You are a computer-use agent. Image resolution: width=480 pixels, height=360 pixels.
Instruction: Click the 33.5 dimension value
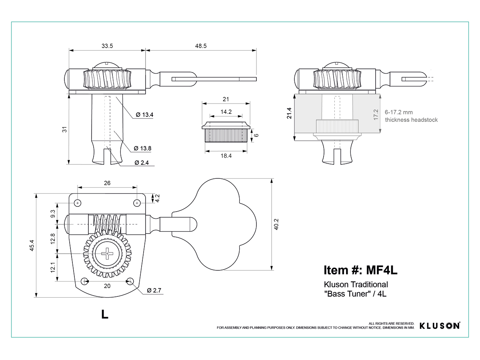pyautogui.click(x=107, y=46)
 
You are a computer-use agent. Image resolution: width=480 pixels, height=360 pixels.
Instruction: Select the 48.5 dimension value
pyautogui.click(x=201, y=46)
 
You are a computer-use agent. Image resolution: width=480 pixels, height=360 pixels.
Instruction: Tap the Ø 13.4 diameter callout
pyautogui.click(x=144, y=115)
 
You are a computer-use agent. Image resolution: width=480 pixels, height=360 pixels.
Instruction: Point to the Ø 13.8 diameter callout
pyautogui.click(x=142, y=148)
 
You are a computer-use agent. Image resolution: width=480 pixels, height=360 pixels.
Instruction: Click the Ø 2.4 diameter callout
pyautogui.click(x=142, y=163)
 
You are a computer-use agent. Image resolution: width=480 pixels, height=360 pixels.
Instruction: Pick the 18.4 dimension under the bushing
pyautogui.click(x=226, y=156)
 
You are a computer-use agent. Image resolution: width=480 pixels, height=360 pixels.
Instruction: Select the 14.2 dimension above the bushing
pyautogui.click(x=226, y=112)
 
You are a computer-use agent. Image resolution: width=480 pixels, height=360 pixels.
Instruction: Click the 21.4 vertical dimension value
pyautogui.click(x=289, y=113)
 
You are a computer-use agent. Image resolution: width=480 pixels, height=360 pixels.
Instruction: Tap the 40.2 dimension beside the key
pyautogui.click(x=276, y=224)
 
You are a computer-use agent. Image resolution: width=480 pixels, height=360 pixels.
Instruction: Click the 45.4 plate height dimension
pyautogui.click(x=32, y=246)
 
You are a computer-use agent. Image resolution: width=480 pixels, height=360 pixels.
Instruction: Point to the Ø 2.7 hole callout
pyautogui.click(x=154, y=290)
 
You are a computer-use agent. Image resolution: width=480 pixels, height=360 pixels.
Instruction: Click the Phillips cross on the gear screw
pyautogui.click(x=107, y=254)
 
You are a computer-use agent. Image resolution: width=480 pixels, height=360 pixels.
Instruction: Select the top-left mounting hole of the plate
pyautogui.click(x=78, y=203)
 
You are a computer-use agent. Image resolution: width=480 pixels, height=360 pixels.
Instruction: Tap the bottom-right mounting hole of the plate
pyautogui.click(x=130, y=281)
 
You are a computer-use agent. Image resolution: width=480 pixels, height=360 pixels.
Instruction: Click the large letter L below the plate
pyautogui.click(x=105, y=314)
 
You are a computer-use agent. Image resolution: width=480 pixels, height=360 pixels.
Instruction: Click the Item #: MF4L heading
pyautogui.click(x=360, y=270)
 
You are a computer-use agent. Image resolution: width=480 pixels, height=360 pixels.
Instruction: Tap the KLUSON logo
pyautogui.click(x=440, y=326)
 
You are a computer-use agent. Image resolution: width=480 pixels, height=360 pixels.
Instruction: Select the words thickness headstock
pyautogui.click(x=411, y=120)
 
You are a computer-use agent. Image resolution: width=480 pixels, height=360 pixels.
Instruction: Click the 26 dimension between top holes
pyautogui.click(x=107, y=183)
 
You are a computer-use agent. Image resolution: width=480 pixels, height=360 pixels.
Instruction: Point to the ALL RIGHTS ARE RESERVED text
pyautogui.click(x=392, y=324)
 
